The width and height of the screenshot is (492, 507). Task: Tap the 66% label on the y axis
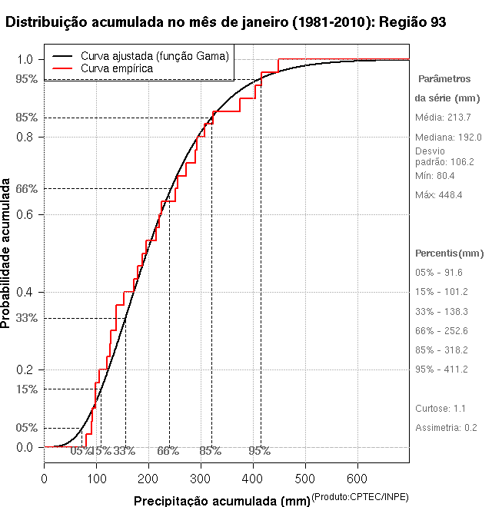pos(26,188)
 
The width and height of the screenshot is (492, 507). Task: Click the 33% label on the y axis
pos(26,317)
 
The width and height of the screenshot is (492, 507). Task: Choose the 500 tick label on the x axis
pos(305,479)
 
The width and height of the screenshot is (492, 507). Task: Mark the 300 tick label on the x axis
pos(201,479)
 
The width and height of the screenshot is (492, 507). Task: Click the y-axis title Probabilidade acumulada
pos(7,253)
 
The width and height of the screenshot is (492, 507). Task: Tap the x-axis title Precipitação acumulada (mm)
pos(221,501)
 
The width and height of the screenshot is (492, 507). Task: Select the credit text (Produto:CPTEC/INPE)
pos(360,498)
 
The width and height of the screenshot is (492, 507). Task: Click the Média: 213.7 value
pos(443,118)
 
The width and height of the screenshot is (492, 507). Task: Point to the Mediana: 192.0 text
pos(448,137)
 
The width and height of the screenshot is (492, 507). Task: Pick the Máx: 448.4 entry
pos(439,194)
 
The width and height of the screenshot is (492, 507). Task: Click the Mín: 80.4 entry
pos(435,175)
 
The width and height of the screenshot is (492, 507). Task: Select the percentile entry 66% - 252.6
pos(441,330)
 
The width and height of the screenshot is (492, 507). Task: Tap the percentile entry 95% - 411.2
pos(441,369)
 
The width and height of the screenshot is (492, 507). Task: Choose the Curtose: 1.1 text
pos(441,408)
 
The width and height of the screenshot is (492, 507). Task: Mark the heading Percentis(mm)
pos(450,253)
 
